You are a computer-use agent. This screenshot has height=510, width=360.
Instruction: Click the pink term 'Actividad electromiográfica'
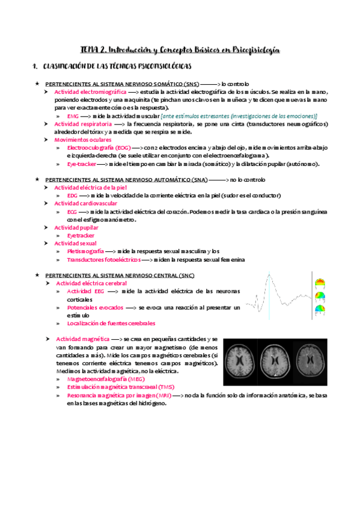pyautogui.click(x=90, y=92)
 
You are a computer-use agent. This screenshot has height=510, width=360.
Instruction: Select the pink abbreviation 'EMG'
pyautogui.click(x=73, y=115)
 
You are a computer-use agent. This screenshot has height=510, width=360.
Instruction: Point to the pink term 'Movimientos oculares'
pyautogui.click(x=79, y=139)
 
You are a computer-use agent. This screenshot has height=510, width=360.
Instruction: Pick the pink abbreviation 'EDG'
pyautogui.click(x=72, y=195)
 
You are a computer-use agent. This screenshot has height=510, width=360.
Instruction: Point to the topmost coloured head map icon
pyautogui.click(x=320, y=281)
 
